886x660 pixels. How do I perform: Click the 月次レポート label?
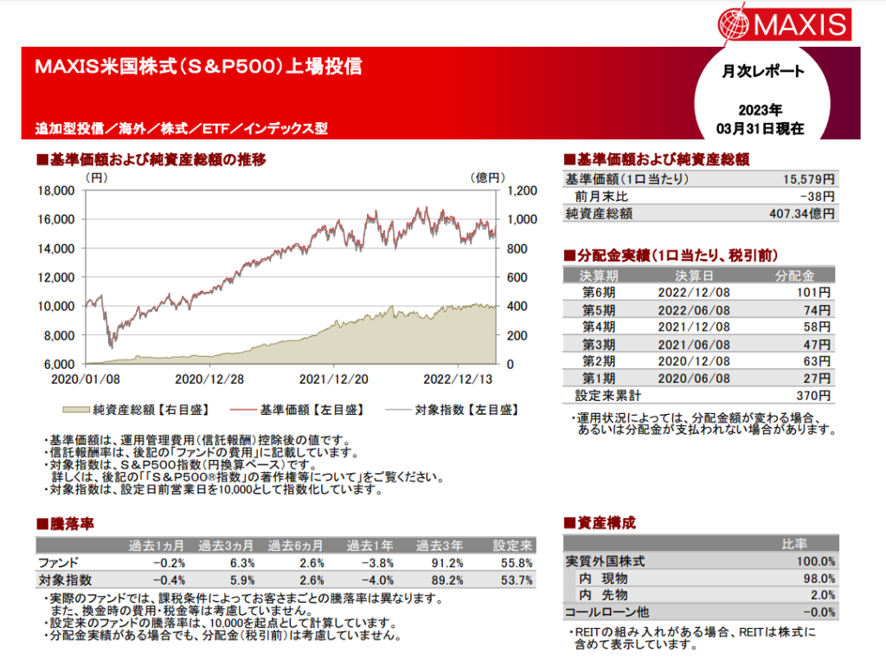(x=762, y=72)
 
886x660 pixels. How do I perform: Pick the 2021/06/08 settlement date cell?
(x=694, y=344)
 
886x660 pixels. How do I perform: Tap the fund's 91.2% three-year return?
(x=445, y=563)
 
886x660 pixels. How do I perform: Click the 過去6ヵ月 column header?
(x=297, y=546)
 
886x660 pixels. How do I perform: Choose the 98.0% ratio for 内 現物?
(x=818, y=579)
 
